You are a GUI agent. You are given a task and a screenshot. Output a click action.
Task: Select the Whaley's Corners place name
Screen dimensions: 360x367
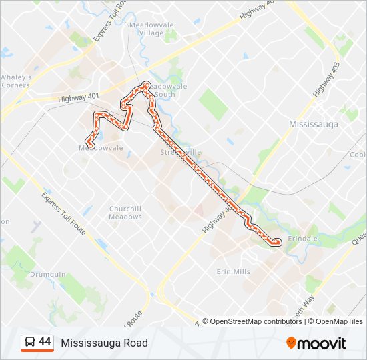click(x=15, y=81)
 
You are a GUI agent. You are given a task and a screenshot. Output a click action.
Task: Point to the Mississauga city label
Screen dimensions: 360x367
click(x=313, y=124)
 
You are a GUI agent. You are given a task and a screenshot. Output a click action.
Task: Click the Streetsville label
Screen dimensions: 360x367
click(x=180, y=152)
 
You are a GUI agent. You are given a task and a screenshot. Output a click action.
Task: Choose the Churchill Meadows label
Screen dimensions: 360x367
click(x=125, y=212)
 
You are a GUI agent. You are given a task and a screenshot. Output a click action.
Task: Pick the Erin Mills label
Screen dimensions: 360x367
click(x=233, y=271)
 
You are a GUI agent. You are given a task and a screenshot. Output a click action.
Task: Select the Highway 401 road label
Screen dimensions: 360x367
click(x=78, y=98)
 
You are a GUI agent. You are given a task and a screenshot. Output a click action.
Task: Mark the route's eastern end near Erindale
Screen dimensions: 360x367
click(x=276, y=243)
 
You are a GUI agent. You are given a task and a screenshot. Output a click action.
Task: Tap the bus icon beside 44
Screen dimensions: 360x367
click(x=29, y=342)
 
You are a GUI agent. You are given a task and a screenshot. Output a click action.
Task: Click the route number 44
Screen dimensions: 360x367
click(x=45, y=342)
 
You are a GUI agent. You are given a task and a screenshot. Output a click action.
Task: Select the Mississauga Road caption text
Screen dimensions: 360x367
click(x=104, y=343)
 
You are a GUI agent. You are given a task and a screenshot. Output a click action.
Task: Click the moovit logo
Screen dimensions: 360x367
click(x=316, y=343)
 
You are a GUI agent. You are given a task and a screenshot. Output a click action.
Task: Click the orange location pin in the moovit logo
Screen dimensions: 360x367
click(x=291, y=343)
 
